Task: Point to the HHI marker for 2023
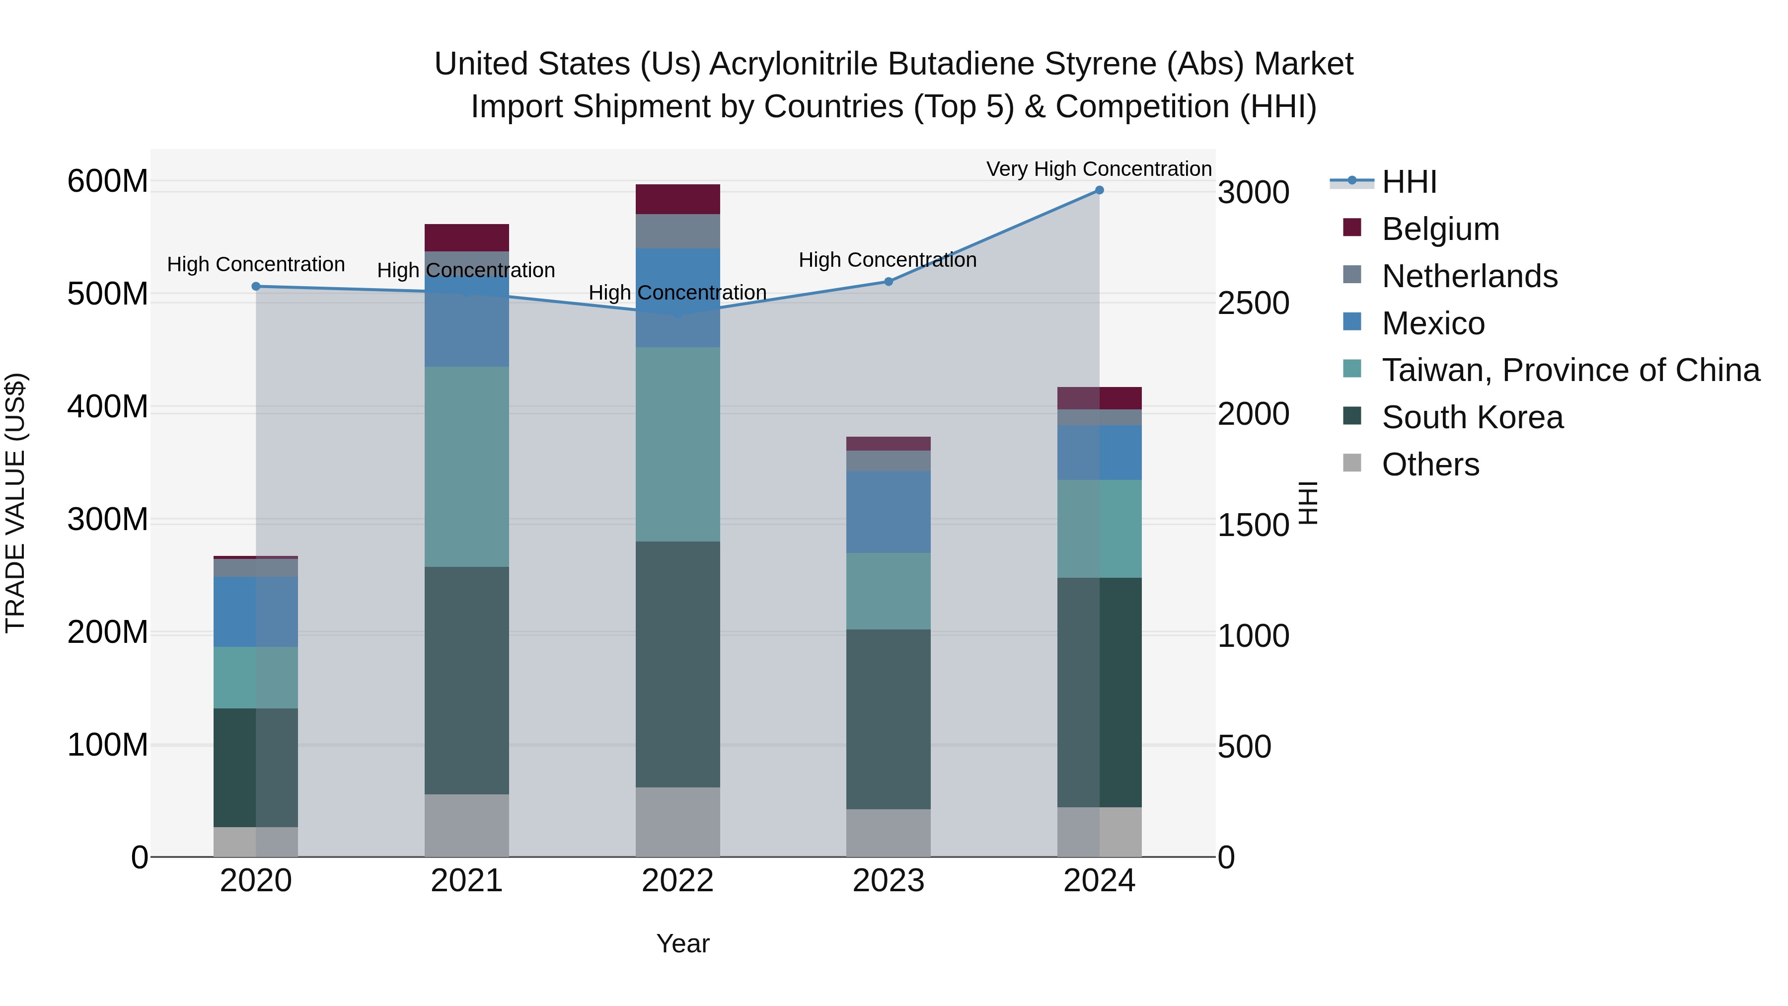point(888,282)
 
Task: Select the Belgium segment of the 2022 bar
point(677,199)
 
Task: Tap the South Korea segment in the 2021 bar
point(466,681)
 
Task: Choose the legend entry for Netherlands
point(1470,276)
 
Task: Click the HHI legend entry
point(1409,182)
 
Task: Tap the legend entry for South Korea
point(1472,417)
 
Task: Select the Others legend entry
point(1430,464)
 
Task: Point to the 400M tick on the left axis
point(108,407)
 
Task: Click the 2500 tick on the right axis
point(1253,304)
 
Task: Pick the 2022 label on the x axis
point(677,881)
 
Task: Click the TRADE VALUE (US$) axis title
point(15,503)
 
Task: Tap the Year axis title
point(682,943)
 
